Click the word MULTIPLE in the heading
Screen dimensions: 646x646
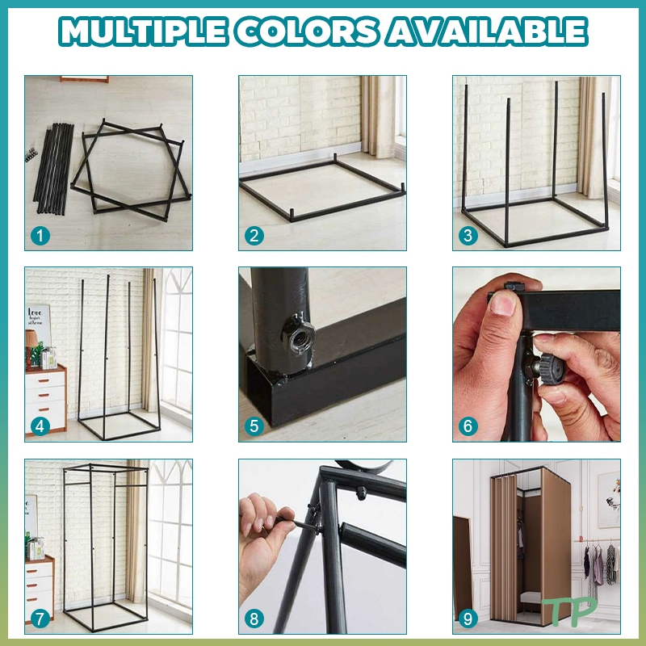click(144, 31)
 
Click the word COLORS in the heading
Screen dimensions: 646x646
click(307, 31)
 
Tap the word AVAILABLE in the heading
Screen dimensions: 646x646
click(487, 31)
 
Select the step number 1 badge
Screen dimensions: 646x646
click(40, 236)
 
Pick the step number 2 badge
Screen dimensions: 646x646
click(254, 236)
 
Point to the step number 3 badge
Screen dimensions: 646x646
click(468, 236)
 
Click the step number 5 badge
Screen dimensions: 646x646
click(254, 426)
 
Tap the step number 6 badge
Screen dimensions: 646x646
click(468, 426)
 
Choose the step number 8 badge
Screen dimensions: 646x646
click(254, 619)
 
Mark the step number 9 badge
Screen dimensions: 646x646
click(468, 619)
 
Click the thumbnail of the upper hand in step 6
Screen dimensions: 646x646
click(502, 302)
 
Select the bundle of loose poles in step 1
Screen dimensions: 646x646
click(54, 168)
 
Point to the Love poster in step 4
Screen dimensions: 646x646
click(38, 325)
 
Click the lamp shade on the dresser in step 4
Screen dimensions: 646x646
click(31, 338)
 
